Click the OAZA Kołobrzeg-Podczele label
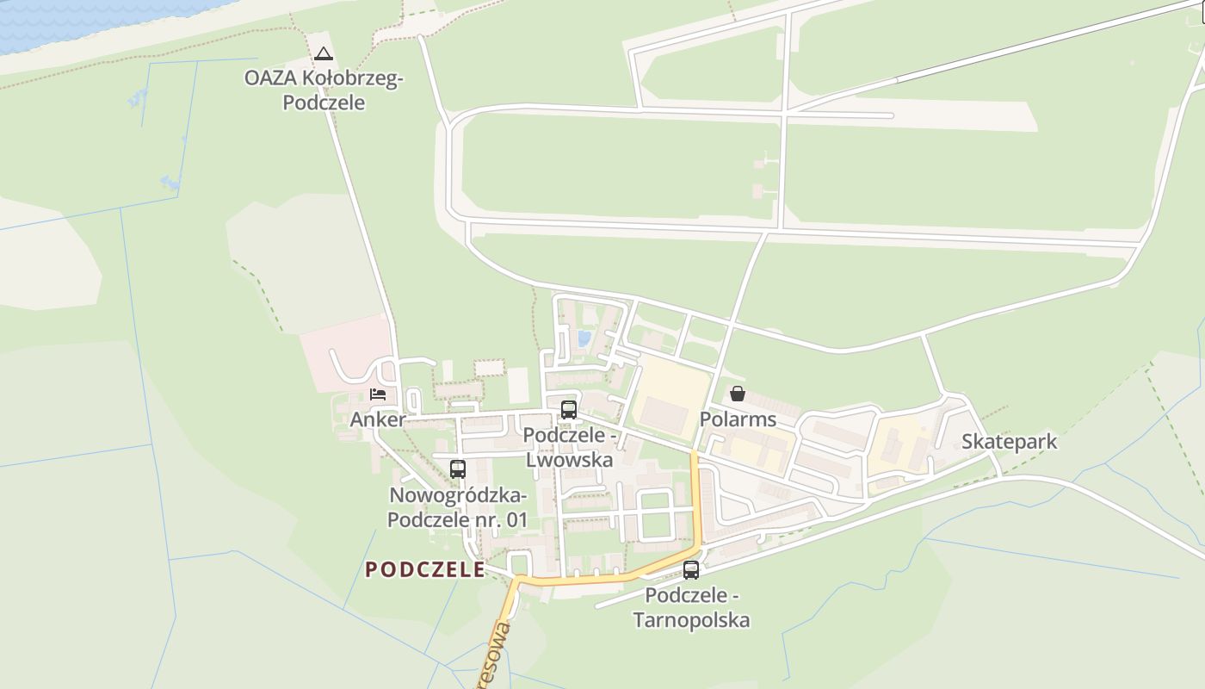point(323,90)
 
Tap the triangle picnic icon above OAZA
point(323,53)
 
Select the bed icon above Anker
point(378,394)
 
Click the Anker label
point(378,419)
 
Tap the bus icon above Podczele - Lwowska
point(569,410)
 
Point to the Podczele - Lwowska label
point(569,448)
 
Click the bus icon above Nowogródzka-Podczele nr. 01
point(458,469)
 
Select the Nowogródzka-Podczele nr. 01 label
point(457,507)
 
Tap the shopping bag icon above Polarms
point(738,394)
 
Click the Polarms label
point(738,419)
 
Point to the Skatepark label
point(1009,442)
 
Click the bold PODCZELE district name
point(425,569)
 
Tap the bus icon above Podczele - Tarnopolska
point(691,569)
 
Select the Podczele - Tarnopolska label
point(691,607)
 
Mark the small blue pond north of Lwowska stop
point(584,338)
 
